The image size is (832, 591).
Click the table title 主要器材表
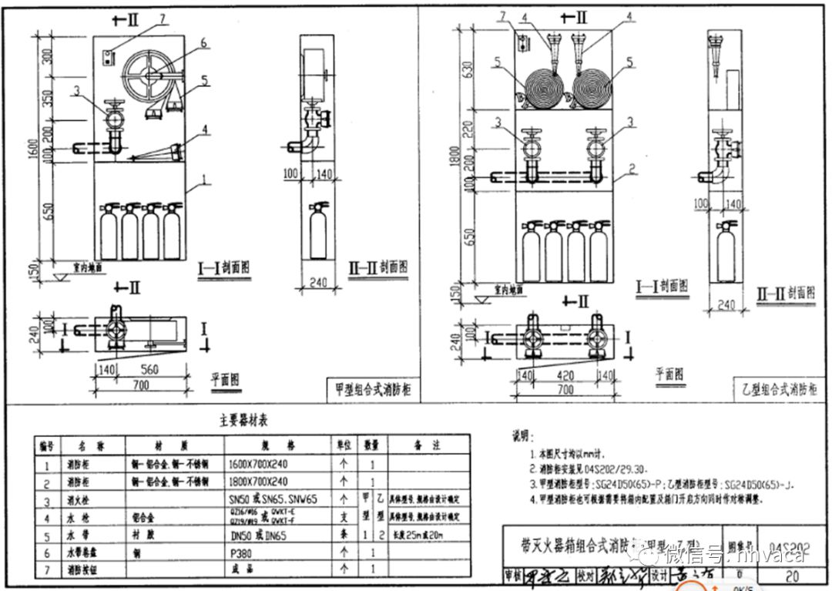(x=238, y=421)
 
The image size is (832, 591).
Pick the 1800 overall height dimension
(x=459, y=161)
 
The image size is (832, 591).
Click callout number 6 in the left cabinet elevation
(x=203, y=43)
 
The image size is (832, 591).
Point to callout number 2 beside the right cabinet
(x=631, y=168)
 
